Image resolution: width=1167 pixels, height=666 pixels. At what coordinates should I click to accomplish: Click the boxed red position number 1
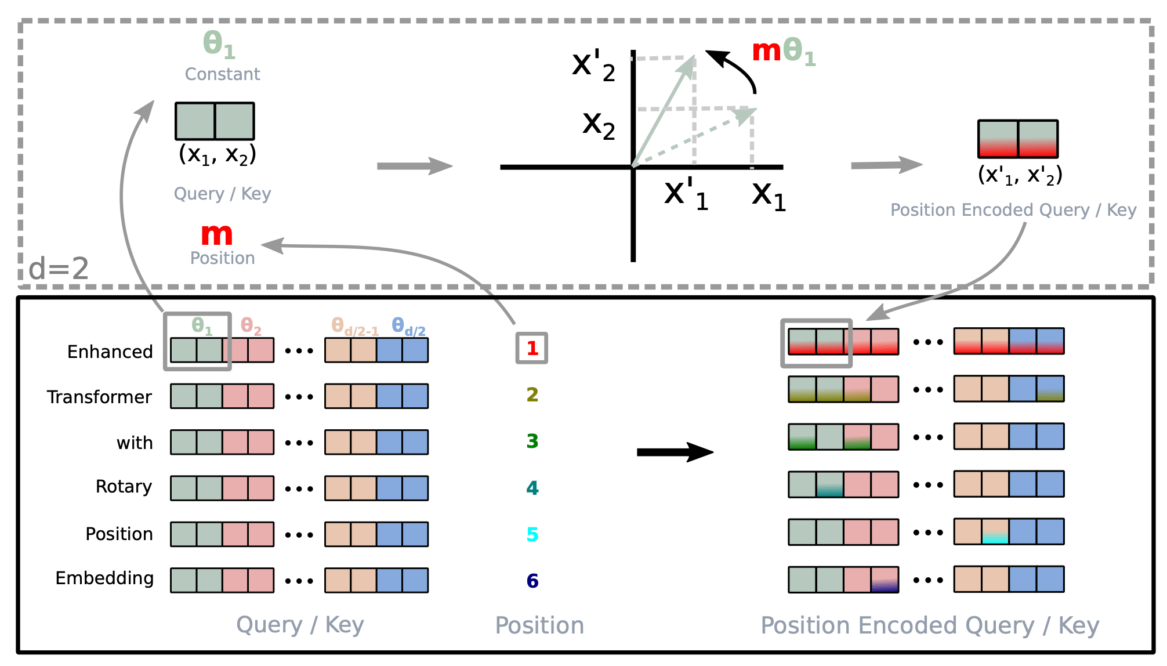[x=532, y=348]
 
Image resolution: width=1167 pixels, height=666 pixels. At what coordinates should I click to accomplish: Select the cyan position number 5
[x=532, y=534]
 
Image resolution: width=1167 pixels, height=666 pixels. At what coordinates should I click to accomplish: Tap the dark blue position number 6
[x=532, y=581]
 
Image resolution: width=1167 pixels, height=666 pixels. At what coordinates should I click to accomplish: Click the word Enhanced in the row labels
[x=110, y=352]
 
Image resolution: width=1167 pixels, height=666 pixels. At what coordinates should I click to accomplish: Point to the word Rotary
[x=124, y=486]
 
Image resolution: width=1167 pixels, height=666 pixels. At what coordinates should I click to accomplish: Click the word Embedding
[x=104, y=578]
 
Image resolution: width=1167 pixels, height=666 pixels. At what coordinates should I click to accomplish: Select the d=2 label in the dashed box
[x=59, y=269]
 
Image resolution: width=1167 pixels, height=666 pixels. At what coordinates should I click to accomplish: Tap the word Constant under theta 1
[x=222, y=74]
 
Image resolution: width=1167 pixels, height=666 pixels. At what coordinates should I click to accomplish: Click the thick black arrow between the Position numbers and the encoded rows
[x=675, y=452]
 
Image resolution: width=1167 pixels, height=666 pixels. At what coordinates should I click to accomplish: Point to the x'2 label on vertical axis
[x=593, y=66]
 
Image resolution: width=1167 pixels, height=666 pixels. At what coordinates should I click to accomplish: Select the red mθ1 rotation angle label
[x=783, y=51]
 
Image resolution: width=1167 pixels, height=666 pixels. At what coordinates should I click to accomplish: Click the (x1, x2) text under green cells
[x=217, y=154]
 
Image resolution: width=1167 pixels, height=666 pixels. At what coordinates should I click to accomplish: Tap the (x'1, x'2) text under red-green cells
[x=1020, y=175]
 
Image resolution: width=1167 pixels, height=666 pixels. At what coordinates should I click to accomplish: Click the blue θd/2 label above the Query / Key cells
[x=408, y=327]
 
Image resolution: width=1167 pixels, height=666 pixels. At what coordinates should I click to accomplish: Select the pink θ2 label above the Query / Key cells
[x=251, y=326]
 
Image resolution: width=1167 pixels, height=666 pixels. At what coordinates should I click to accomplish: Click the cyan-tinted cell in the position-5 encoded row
[x=995, y=531]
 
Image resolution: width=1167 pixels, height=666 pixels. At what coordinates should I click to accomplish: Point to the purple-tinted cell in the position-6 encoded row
[x=885, y=580]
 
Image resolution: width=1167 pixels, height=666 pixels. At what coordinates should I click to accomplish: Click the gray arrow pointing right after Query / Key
[x=414, y=166]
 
